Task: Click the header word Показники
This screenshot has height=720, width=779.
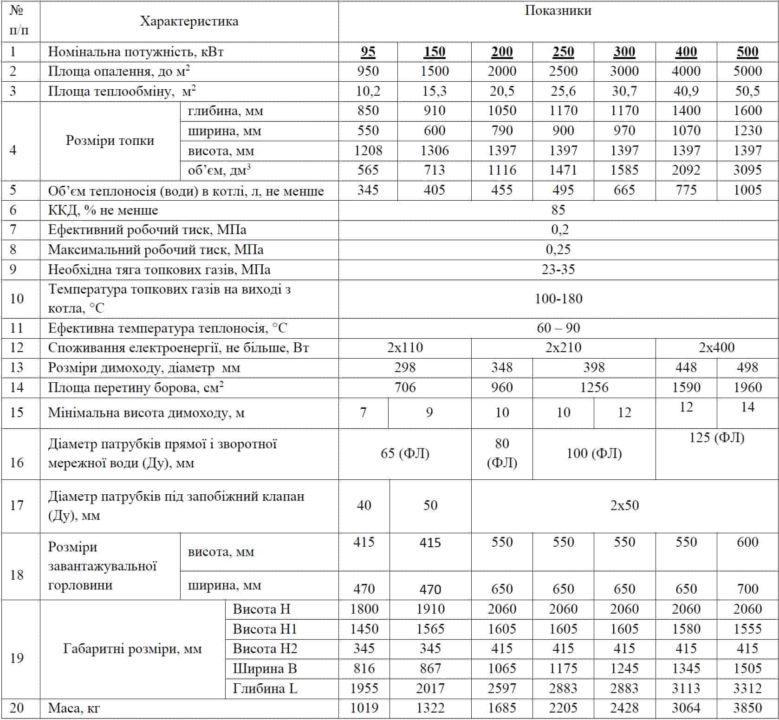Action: pyautogui.click(x=558, y=11)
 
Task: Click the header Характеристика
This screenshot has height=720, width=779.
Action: pyautogui.click(x=189, y=21)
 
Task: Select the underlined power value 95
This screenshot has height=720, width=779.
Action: pyautogui.click(x=368, y=52)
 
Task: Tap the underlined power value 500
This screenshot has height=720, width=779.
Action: pyautogui.click(x=747, y=52)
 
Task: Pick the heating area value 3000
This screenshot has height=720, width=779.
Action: pyautogui.click(x=624, y=71)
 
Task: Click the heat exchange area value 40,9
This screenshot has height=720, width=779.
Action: pyautogui.click(x=686, y=91)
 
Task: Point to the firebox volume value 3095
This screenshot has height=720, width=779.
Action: pyautogui.click(x=747, y=170)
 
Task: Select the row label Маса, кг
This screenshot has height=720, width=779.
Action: pyautogui.click(x=74, y=708)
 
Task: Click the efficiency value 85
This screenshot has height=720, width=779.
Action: pyautogui.click(x=558, y=210)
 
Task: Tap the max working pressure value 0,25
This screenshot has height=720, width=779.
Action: pyautogui.click(x=558, y=249)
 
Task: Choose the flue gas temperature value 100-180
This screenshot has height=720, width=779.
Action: pyautogui.click(x=558, y=299)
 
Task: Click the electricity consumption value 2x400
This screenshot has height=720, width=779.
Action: pyautogui.click(x=716, y=347)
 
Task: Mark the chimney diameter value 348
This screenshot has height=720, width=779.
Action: pyautogui.click(x=502, y=367)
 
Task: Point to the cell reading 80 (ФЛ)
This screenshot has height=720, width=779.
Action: pyautogui.click(x=502, y=453)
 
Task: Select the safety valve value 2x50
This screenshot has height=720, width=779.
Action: pyautogui.click(x=624, y=505)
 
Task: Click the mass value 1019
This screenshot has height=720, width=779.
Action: pyautogui.click(x=364, y=708)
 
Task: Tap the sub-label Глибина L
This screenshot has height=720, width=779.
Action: pyautogui.click(x=265, y=688)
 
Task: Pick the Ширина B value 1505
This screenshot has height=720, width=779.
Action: pyautogui.click(x=747, y=668)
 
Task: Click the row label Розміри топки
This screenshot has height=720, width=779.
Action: pyautogui.click(x=110, y=140)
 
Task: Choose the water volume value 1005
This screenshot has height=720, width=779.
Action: pyautogui.click(x=747, y=190)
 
